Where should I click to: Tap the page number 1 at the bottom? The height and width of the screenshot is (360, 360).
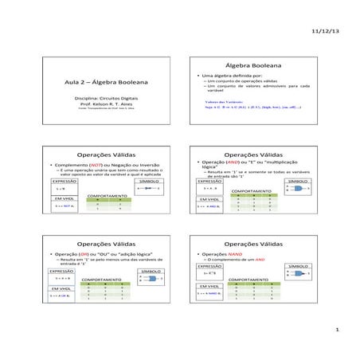[338, 329]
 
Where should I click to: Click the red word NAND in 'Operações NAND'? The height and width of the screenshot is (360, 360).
[239, 256]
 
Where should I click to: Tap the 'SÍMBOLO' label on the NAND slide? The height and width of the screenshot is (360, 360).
[298, 265]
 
